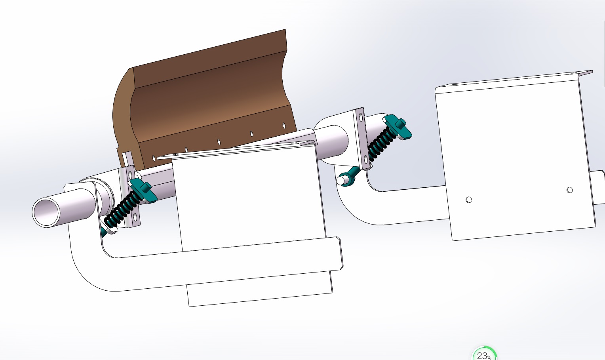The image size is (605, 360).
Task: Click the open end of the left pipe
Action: pyautogui.click(x=46, y=212)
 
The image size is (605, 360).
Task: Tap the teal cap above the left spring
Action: pyautogui.click(x=143, y=190)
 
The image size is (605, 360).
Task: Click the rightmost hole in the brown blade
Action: pyautogui.click(x=284, y=126)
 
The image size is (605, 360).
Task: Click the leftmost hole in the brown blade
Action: pyautogui.click(x=154, y=158)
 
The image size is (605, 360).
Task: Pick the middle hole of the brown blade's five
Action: pyautogui.click(x=219, y=142)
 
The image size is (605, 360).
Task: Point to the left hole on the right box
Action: pyautogui.click(x=469, y=200)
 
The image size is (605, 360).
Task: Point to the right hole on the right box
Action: pyautogui.click(x=569, y=190)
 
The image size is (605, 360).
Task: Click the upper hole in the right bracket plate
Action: pyautogui.click(x=361, y=116)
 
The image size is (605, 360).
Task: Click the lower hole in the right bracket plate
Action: pyautogui.click(x=365, y=160)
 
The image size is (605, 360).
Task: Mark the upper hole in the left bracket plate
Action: pyautogui.click(x=130, y=175)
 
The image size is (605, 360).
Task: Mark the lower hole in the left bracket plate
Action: pyautogui.click(x=135, y=217)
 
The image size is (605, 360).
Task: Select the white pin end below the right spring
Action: pyautogui.click(x=341, y=181)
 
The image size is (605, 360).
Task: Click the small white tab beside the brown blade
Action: pyautogui.click(x=127, y=159)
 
